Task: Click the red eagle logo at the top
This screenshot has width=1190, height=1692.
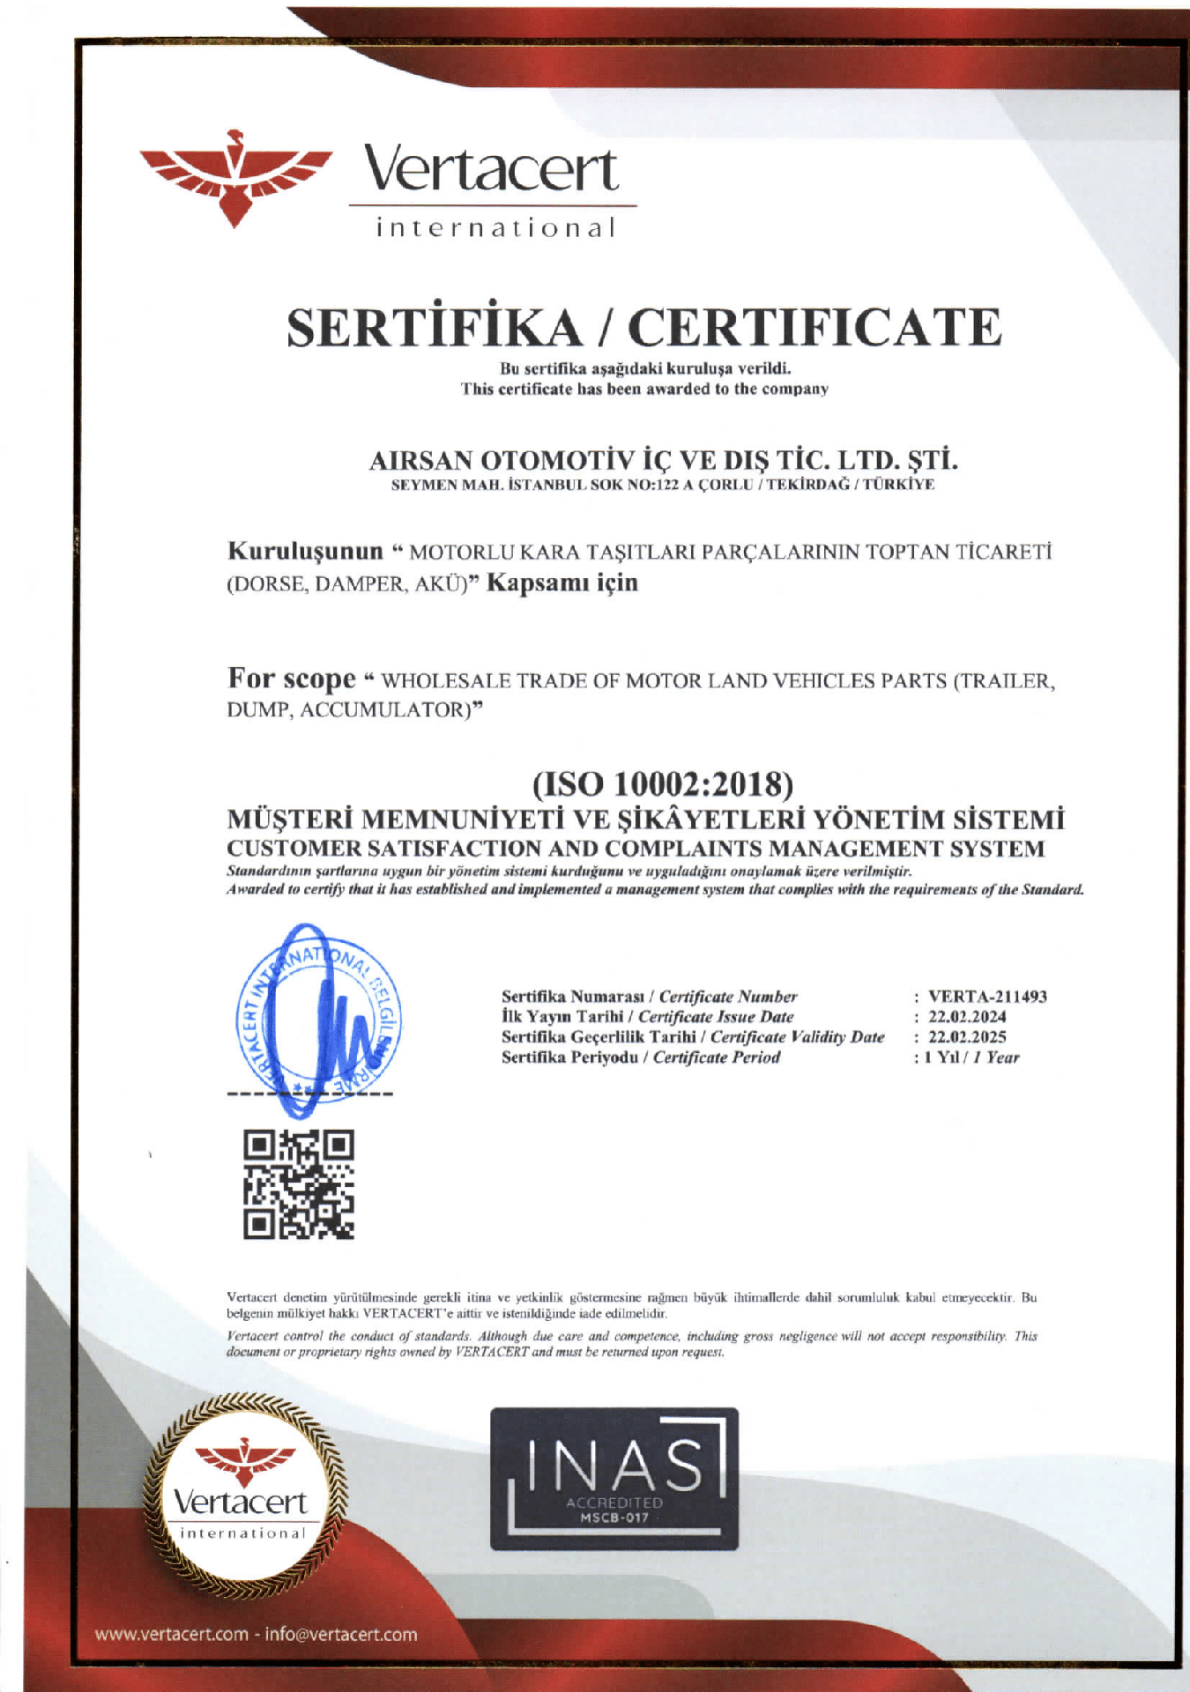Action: [x=234, y=177]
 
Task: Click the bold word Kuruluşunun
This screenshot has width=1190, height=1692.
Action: [x=305, y=552]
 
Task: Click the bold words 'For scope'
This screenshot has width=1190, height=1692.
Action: [x=291, y=679]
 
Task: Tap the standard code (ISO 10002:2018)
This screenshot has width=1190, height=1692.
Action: [x=662, y=783]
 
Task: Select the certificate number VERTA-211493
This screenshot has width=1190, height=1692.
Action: [x=987, y=997]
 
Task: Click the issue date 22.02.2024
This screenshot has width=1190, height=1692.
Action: [x=967, y=1017]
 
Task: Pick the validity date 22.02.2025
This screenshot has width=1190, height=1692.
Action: [x=967, y=1037]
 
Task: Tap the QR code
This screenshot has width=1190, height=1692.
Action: [x=299, y=1185]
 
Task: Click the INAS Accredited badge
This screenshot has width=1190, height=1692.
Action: [x=614, y=1478]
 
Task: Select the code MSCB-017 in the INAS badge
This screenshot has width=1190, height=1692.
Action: [x=614, y=1518]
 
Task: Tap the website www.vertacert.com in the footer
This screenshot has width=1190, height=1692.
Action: [x=172, y=1635]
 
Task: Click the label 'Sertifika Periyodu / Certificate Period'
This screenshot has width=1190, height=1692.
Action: [x=641, y=1057]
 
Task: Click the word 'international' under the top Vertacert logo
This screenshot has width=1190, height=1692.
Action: [x=495, y=229]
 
